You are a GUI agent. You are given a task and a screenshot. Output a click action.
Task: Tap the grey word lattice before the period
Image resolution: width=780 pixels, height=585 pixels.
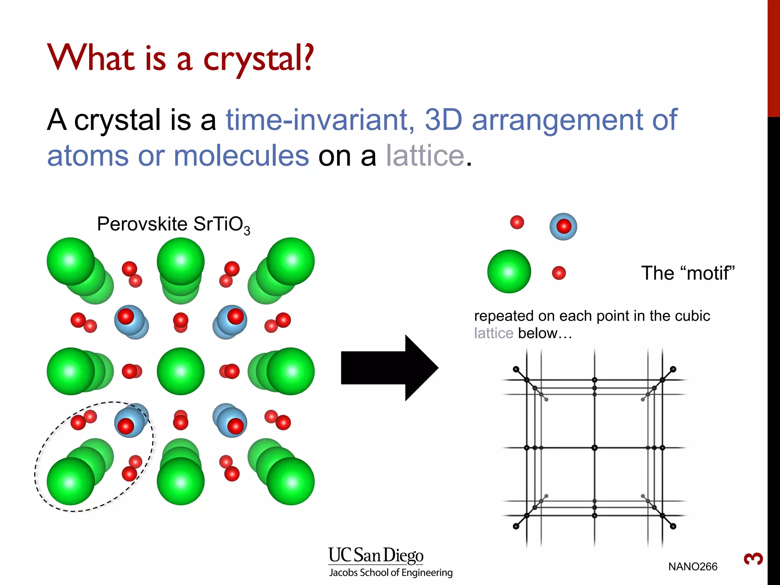tap(425, 156)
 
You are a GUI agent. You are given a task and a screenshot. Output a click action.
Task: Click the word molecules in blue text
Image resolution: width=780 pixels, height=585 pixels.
tap(241, 156)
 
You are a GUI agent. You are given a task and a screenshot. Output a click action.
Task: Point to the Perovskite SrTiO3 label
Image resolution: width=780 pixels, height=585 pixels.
tap(173, 224)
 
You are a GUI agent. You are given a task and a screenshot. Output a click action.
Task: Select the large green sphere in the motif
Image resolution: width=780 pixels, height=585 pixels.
tap(509, 272)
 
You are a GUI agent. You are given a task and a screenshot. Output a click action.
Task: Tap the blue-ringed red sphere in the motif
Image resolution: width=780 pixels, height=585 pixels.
tap(563, 227)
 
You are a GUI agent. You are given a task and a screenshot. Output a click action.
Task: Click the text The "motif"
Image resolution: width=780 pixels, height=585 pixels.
tap(687, 273)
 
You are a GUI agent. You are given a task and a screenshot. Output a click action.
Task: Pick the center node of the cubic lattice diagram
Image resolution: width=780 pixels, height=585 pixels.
tap(595, 448)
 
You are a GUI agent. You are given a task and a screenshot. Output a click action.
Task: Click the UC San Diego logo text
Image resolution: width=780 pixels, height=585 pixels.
tap(376, 555)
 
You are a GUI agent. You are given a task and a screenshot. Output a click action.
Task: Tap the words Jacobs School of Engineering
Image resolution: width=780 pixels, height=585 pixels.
tap(391, 573)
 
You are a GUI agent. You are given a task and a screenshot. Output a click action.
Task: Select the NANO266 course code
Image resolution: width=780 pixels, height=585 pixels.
tap(692, 567)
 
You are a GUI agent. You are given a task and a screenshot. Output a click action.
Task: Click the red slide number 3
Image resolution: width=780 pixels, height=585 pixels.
tap(753, 559)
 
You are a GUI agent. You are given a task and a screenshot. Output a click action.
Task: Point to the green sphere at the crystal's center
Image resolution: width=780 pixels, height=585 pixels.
tap(181, 371)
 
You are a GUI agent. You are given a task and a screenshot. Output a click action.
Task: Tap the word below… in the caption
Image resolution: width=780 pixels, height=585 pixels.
tap(545, 333)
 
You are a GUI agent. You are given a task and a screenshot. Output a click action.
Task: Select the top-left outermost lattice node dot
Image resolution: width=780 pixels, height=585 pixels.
tap(516, 369)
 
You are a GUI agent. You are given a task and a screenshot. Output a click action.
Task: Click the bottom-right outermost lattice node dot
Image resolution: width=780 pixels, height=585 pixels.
tap(673, 526)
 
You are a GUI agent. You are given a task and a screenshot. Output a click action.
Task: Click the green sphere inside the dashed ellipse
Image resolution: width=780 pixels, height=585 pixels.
tap(71, 481)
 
